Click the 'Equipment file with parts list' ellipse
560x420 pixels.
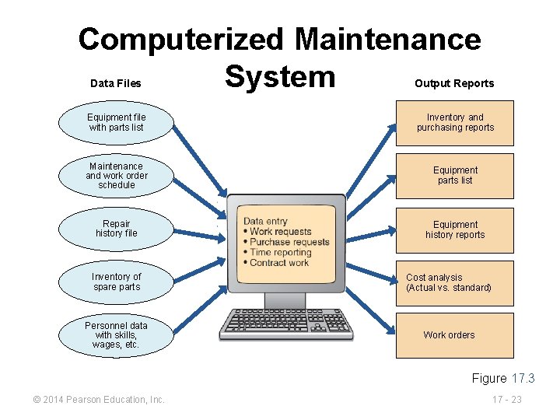click(x=116, y=123)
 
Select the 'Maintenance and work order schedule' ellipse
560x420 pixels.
click(x=116, y=176)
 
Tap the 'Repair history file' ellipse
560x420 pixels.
click(x=116, y=229)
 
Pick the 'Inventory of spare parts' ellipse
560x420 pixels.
click(x=116, y=282)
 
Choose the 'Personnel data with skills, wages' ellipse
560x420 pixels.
click(x=116, y=334)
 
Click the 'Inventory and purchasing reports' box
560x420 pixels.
click(x=455, y=123)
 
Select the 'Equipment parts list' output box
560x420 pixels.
click(x=455, y=176)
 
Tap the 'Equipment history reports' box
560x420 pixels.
click(x=455, y=229)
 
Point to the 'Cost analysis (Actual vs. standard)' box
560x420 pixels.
click(x=455, y=282)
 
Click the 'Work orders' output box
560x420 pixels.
click(x=455, y=335)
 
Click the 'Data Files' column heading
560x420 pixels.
click(x=116, y=83)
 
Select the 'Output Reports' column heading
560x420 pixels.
click(x=454, y=83)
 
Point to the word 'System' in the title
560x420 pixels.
click(x=280, y=76)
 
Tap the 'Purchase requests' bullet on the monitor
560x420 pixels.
click(x=289, y=242)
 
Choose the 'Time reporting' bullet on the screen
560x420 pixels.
click(x=280, y=252)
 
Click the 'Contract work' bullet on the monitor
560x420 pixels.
click(x=278, y=262)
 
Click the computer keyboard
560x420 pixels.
click(x=285, y=324)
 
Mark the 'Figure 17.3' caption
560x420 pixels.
click(x=503, y=379)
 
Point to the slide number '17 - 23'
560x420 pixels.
click(x=506, y=400)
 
